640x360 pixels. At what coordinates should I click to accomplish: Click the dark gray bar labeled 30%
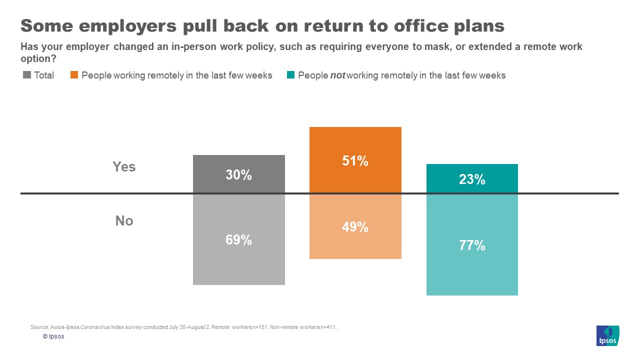[239, 174]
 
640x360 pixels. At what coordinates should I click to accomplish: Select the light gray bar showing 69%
[239, 239]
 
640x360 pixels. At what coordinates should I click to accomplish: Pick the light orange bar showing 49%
[355, 226]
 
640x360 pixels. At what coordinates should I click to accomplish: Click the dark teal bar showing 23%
[472, 178]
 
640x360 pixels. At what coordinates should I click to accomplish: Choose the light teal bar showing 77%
[472, 245]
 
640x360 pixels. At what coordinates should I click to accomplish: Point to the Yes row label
[124, 166]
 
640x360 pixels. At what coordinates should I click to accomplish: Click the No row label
[124, 220]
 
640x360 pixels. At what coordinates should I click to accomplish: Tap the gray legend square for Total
[27, 75]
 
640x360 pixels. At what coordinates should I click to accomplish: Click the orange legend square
[74, 75]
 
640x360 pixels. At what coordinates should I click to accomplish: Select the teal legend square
[290, 75]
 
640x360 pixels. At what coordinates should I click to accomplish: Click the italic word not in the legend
[337, 75]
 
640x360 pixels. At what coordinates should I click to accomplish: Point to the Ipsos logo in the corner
[607, 335]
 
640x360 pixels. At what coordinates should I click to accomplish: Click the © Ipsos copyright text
[53, 336]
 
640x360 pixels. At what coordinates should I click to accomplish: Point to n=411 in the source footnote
[327, 327]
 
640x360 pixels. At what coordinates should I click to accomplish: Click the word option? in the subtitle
[38, 58]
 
